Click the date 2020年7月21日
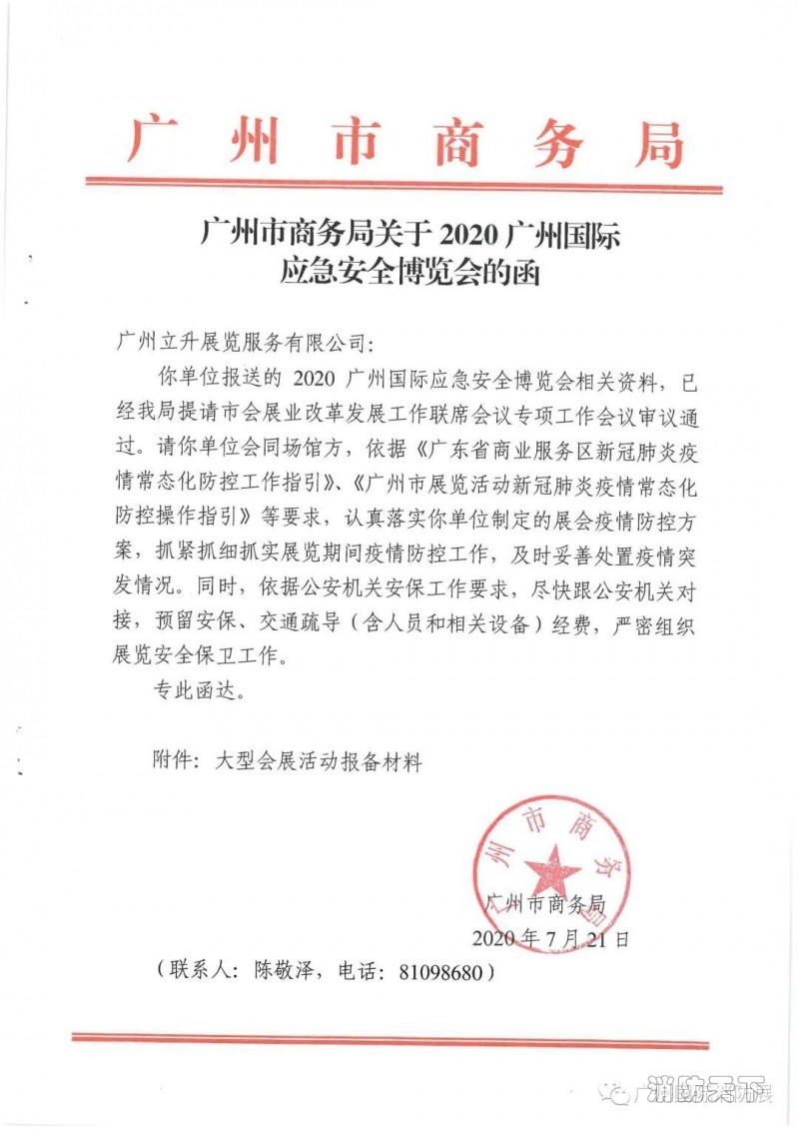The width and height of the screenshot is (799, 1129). coord(550,938)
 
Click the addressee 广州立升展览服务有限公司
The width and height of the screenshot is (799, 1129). coord(243,343)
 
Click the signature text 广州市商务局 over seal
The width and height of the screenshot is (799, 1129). coord(544,904)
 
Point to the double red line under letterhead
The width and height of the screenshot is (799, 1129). coord(403,185)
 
